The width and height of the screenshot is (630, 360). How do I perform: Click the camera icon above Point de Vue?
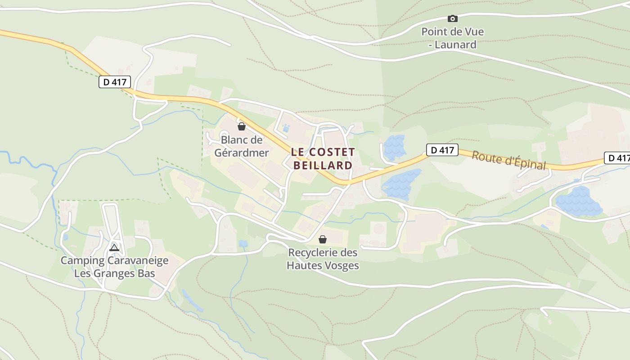coord(452,18)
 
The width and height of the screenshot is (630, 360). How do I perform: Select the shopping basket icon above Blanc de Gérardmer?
coord(242,126)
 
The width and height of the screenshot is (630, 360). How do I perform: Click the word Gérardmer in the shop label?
coord(242,153)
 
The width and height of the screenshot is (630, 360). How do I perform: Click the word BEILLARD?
coord(323,165)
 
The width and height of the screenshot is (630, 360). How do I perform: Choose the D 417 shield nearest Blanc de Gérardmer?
coord(115,82)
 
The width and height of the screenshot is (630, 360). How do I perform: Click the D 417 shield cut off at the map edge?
coord(618,158)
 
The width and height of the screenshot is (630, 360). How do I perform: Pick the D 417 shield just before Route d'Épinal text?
coord(442,150)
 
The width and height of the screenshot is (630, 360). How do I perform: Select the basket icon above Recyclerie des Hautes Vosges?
coord(322,239)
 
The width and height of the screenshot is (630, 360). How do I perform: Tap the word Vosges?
coord(340,265)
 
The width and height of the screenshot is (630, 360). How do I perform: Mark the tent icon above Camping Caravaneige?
coord(114,247)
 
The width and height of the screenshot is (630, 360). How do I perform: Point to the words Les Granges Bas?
coord(114,273)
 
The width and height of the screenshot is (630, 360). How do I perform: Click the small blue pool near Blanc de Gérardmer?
coord(286,129)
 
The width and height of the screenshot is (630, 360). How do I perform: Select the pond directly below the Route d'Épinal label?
coord(578,202)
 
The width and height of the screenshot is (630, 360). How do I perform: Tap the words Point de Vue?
coord(452,32)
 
